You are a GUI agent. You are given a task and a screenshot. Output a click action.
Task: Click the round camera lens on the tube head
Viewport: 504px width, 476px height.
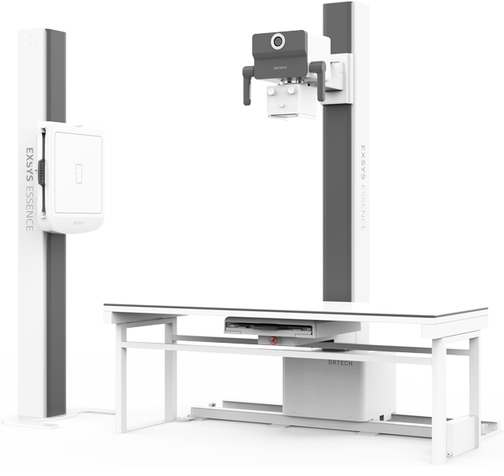278,41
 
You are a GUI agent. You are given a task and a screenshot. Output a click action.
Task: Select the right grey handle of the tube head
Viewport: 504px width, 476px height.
320,81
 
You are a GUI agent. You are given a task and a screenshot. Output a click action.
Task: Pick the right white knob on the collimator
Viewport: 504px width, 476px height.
292,91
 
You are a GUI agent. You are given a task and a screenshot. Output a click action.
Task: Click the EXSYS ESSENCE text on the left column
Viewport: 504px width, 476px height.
28,185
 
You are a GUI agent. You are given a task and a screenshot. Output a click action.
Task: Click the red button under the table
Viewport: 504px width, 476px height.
273,341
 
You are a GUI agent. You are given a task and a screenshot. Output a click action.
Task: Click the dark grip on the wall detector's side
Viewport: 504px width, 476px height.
42,173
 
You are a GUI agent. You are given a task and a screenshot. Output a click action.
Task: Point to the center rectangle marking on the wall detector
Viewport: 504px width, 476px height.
77,175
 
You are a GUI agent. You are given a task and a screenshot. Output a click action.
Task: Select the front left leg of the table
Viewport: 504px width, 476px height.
122,378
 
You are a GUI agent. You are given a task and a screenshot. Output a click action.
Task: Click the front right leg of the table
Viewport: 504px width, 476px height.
439,394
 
